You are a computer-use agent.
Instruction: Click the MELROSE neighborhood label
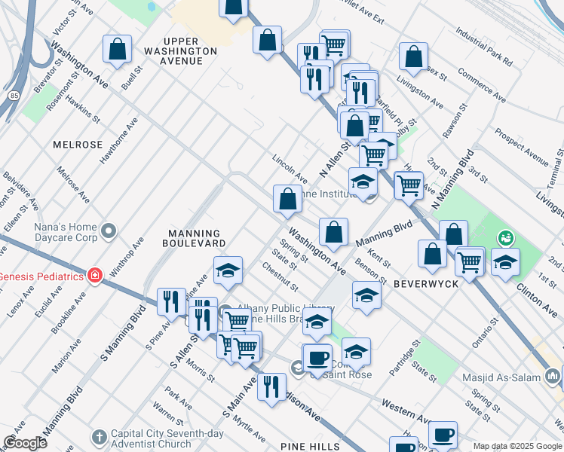[78, 144]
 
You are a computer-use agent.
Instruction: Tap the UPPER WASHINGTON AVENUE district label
[191, 45]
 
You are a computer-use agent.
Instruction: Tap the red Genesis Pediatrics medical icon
[94, 276]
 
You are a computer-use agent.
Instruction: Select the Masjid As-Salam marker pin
[552, 374]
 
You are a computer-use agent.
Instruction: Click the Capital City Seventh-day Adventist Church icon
[100, 437]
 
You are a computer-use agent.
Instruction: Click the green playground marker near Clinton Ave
[505, 238]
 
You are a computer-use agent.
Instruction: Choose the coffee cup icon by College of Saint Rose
[317, 357]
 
